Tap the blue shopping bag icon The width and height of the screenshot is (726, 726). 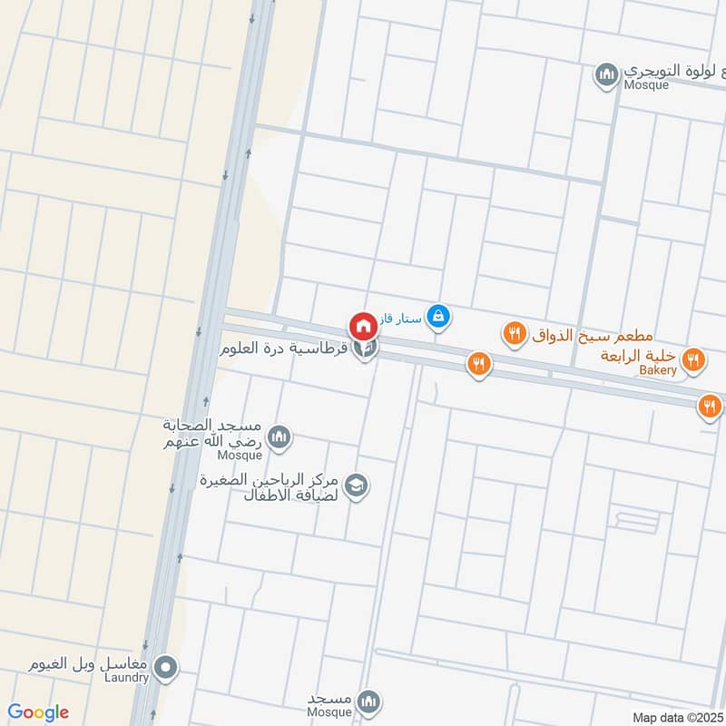(x=438, y=316)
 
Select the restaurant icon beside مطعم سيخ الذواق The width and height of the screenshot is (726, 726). (x=515, y=335)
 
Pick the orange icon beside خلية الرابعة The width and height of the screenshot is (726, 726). (x=694, y=360)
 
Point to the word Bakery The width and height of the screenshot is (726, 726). (x=657, y=370)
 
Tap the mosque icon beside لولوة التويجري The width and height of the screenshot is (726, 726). (x=606, y=74)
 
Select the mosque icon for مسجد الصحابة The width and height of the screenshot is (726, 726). (x=280, y=437)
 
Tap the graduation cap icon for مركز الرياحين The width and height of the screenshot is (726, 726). (x=357, y=486)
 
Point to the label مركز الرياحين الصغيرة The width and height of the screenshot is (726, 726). (x=269, y=480)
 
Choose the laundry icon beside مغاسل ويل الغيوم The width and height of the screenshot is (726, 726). (x=165, y=669)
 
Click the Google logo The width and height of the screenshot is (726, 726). (x=38, y=712)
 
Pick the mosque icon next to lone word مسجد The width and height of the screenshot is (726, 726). (x=368, y=701)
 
